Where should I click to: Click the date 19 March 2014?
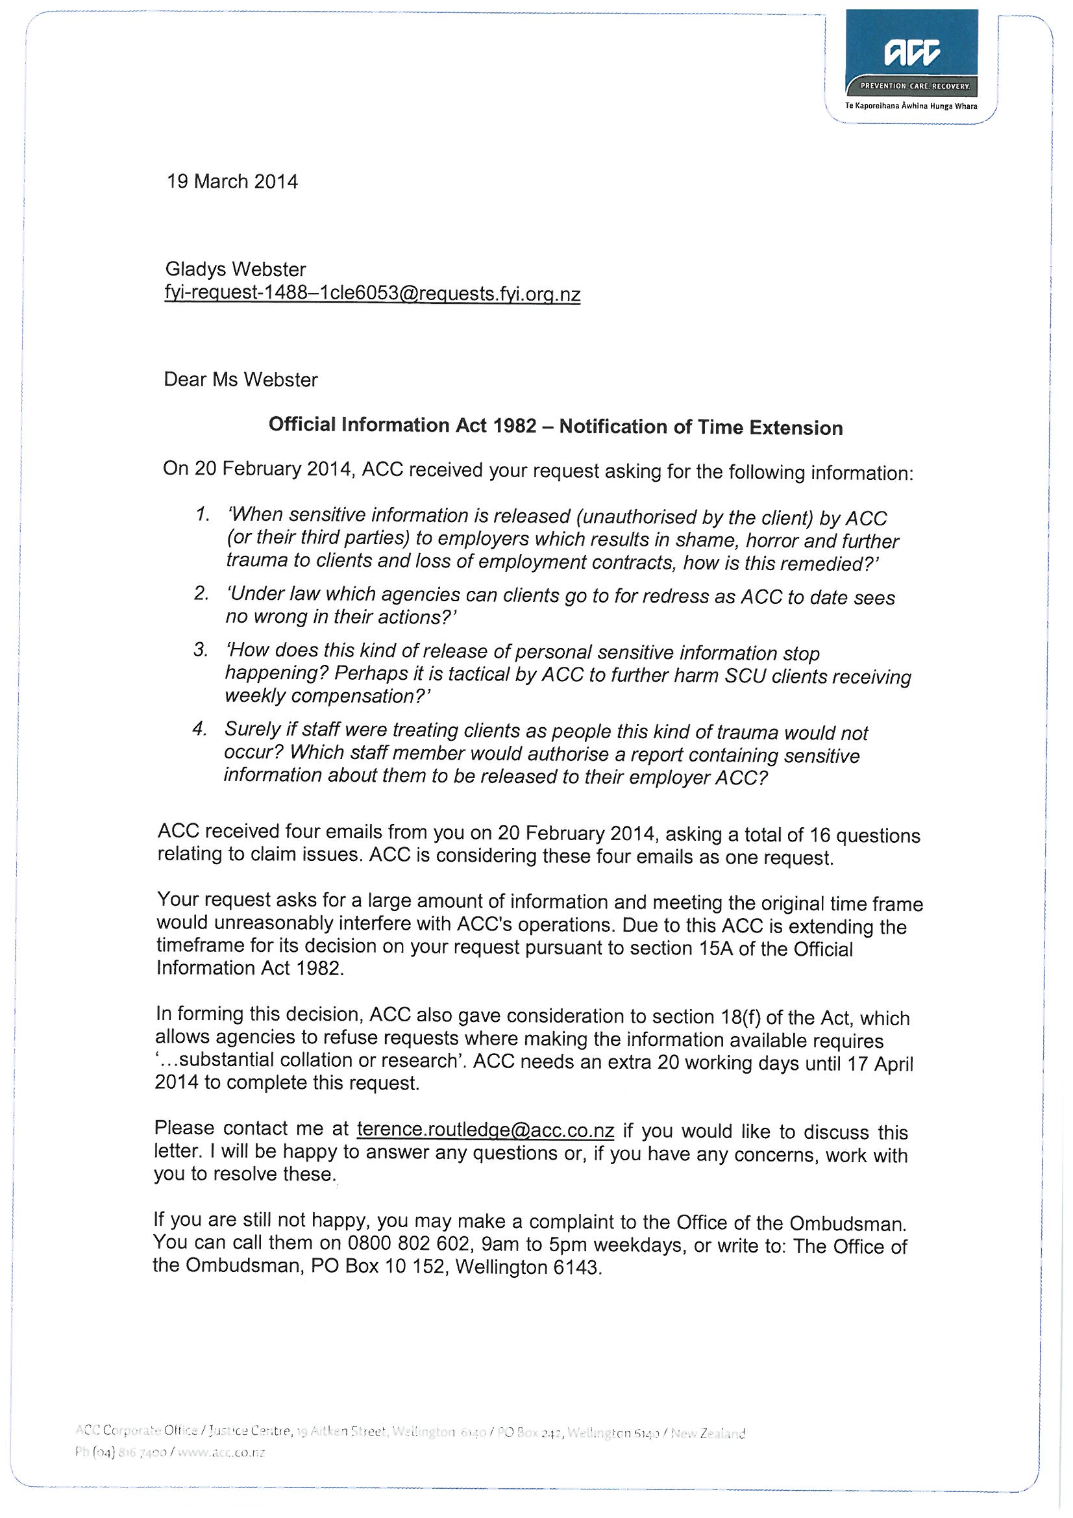click(x=232, y=181)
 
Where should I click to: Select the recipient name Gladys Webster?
click(x=236, y=269)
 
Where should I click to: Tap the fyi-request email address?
click(x=372, y=293)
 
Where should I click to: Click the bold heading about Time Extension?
click(x=556, y=427)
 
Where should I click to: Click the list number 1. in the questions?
click(x=203, y=514)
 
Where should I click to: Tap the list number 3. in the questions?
click(x=201, y=650)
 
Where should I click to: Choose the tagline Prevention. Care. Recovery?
click(x=914, y=86)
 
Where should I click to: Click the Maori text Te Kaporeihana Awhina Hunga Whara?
click(x=911, y=106)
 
